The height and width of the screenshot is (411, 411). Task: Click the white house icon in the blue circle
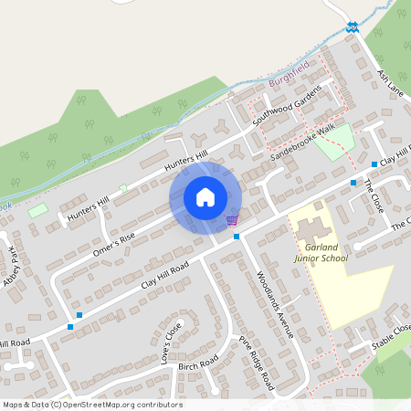click(x=205, y=197)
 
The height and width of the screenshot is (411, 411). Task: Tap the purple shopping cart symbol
click(x=232, y=219)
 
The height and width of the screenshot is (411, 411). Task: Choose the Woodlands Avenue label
click(x=275, y=305)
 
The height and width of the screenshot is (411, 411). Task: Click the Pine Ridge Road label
click(x=257, y=363)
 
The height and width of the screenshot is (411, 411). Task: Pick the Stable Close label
click(x=391, y=339)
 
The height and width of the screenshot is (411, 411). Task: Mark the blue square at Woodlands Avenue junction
click(x=237, y=237)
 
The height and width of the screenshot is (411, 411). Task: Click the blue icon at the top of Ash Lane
click(x=353, y=26)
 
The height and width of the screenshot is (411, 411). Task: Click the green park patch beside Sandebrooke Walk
click(x=335, y=140)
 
